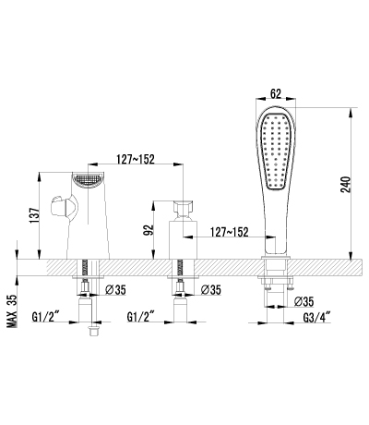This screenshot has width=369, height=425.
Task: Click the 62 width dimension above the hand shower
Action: pyautogui.click(x=276, y=93)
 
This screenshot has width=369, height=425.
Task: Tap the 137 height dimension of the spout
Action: pyautogui.click(x=34, y=215)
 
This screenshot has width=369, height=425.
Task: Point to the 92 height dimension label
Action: pyautogui.click(x=149, y=230)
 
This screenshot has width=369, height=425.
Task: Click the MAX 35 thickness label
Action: pyautogui.click(x=12, y=310)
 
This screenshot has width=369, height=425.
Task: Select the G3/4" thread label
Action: pyautogui.click(x=316, y=317)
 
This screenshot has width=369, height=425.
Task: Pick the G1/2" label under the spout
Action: pyautogui.click(x=45, y=317)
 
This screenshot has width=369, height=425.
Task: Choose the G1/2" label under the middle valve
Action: pyautogui.click(x=140, y=317)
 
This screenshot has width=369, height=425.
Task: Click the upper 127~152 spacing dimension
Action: pyautogui.click(x=136, y=159)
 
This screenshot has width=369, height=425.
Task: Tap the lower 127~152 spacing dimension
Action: pyautogui.click(x=229, y=232)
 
